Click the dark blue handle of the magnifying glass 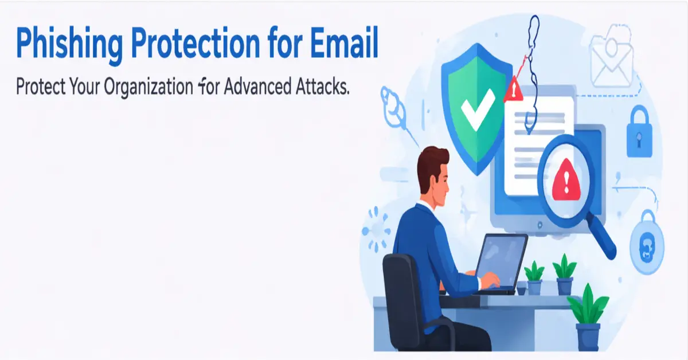[602, 241]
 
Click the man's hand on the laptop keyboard [491, 280]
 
